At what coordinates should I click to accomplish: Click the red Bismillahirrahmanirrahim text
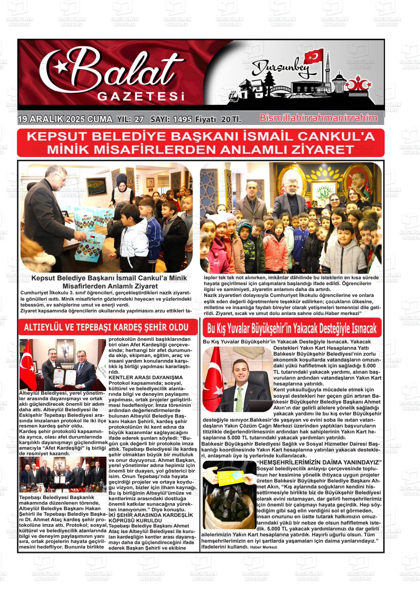click(319, 118)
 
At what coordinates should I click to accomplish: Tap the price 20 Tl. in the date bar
click(231, 119)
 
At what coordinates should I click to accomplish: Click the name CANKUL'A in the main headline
click(335, 136)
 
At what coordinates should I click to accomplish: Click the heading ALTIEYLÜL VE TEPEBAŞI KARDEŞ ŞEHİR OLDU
click(106, 327)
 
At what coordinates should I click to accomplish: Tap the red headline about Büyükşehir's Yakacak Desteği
click(292, 328)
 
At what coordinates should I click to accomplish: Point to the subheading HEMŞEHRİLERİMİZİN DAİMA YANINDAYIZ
click(319, 462)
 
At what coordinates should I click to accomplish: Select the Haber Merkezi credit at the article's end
click(263, 547)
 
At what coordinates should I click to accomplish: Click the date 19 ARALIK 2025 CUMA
click(65, 119)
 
